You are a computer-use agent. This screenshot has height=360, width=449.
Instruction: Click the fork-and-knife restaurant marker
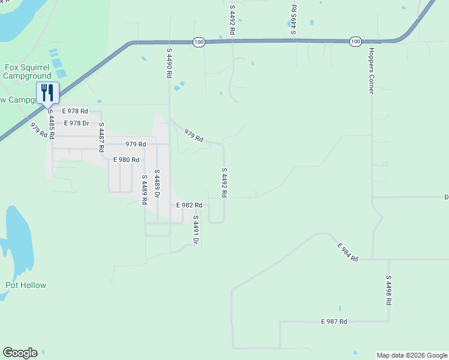(47, 93)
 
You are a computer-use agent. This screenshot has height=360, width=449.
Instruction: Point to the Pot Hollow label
(26, 285)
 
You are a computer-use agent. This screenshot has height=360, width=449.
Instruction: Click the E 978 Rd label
(76, 111)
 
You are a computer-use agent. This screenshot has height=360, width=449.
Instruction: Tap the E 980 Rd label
(126, 160)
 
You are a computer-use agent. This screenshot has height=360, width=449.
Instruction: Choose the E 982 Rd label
(189, 205)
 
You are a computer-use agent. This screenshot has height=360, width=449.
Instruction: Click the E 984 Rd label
(348, 252)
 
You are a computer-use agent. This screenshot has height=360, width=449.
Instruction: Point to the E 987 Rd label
(334, 322)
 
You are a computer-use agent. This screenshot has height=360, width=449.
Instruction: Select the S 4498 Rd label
(388, 290)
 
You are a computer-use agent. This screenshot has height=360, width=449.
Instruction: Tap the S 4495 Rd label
(294, 19)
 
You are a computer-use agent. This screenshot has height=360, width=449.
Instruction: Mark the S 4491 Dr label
(196, 229)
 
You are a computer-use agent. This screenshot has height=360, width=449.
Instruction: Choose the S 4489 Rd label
(144, 190)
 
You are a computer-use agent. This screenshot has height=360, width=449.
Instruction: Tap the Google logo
(20, 353)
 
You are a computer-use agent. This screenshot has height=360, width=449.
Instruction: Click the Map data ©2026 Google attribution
(412, 355)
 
